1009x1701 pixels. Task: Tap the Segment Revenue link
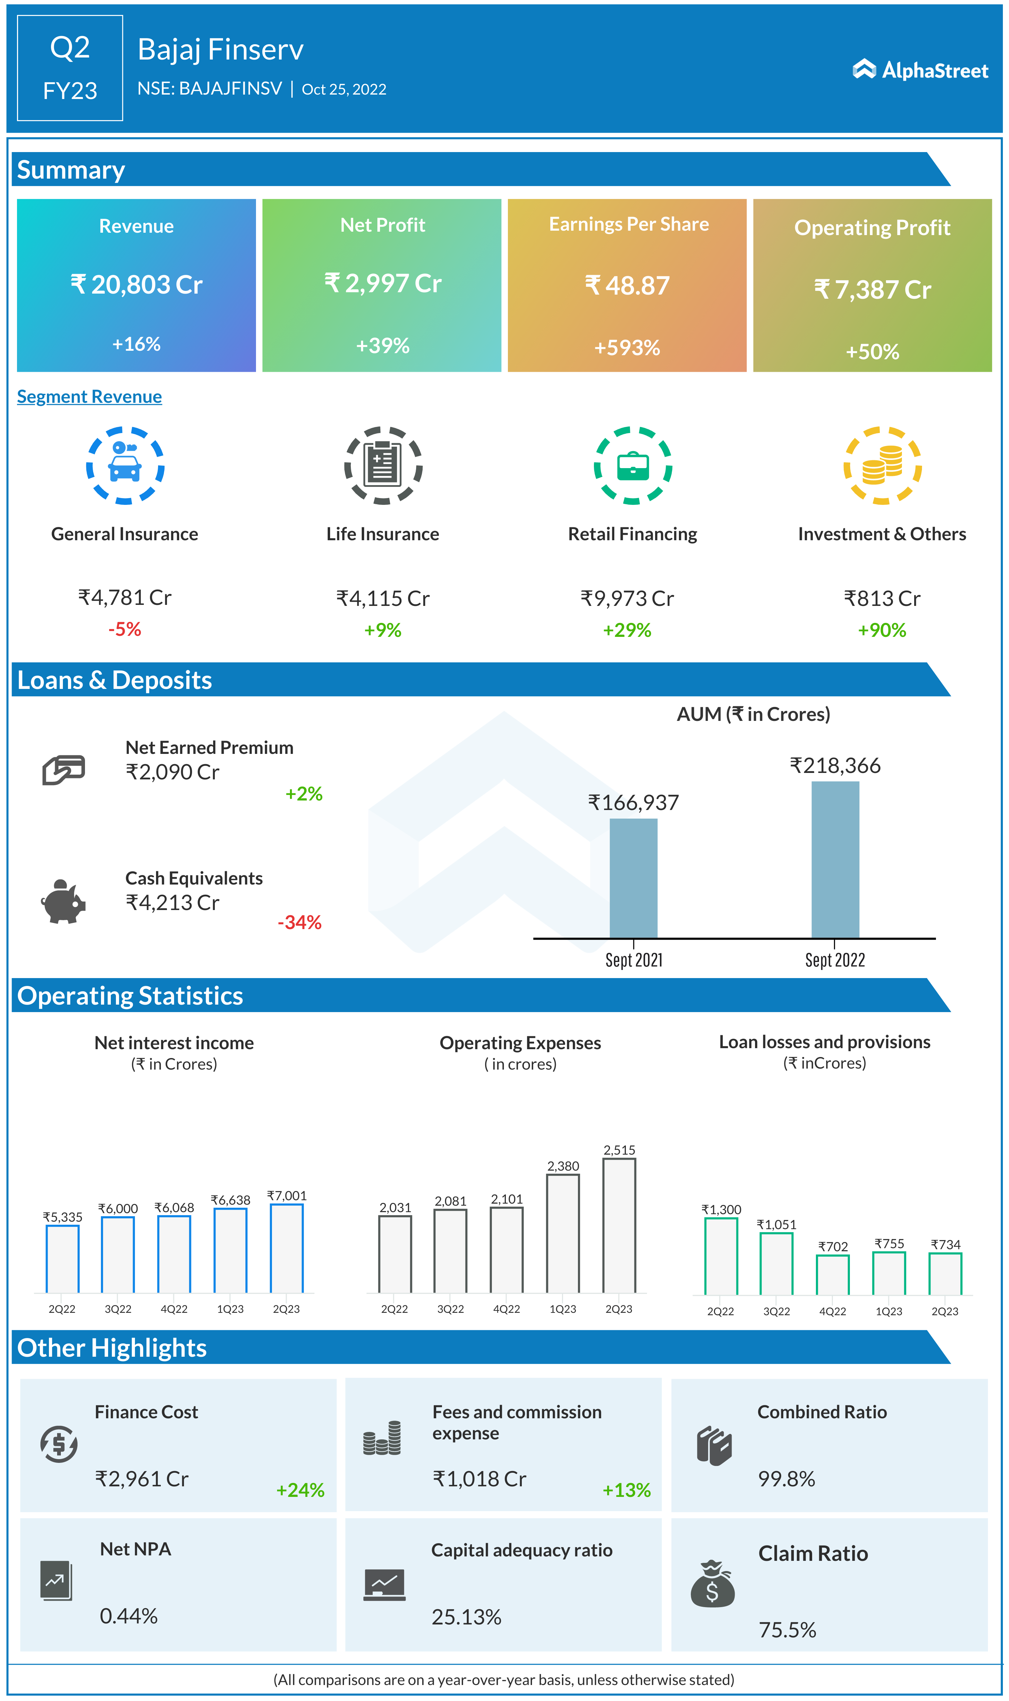click(89, 397)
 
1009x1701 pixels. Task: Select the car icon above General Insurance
click(125, 465)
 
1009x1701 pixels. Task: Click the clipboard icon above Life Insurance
click(383, 465)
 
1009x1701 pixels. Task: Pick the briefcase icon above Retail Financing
click(632, 465)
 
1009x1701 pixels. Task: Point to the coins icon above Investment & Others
click(882, 465)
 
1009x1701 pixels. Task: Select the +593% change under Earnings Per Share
click(627, 348)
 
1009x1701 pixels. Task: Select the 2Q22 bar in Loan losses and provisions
click(721, 1256)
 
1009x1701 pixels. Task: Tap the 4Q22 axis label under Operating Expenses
click(507, 1309)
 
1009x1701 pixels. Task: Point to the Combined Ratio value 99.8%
click(786, 1479)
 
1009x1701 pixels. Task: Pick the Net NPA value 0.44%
click(129, 1616)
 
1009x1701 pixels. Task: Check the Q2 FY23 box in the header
click(70, 68)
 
